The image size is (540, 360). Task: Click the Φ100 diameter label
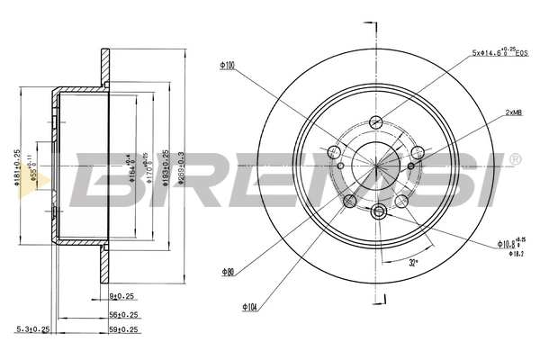tap(228, 64)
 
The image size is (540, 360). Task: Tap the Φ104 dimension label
tap(249, 306)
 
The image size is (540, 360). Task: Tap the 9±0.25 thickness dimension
tap(121, 295)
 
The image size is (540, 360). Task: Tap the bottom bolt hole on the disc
tap(379, 211)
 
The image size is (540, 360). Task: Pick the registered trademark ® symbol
tap(514, 159)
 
